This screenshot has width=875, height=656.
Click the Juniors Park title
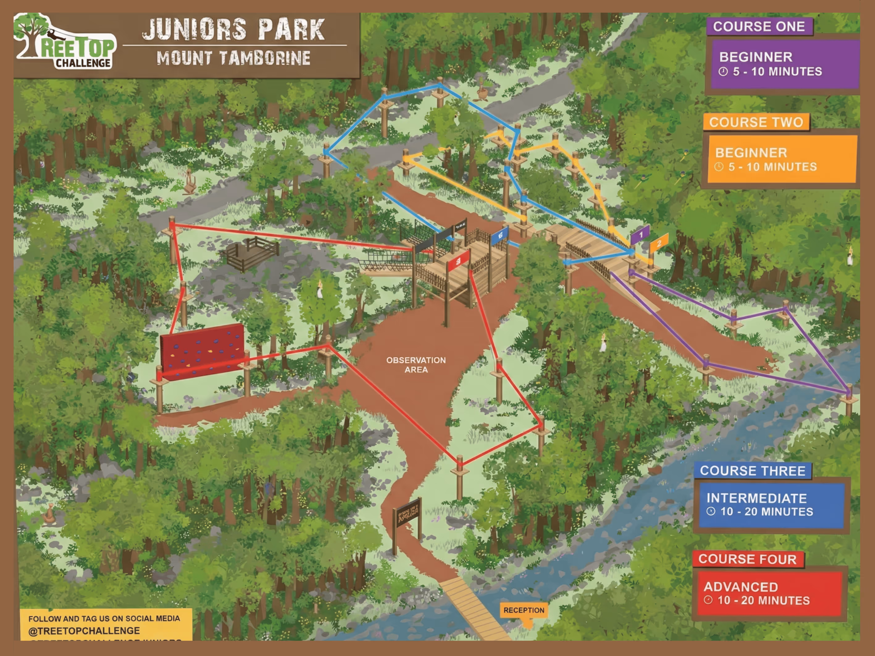(x=233, y=30)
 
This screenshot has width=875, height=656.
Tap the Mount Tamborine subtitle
(x=233, y=58)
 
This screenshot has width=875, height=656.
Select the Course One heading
(x=759, y=27)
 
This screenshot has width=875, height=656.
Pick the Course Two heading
(x=756, y=122)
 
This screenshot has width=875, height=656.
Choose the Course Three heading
(x=752, y=471)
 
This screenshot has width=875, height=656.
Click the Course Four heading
(x=747, y=559)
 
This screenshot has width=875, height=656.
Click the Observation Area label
(x=416, y=365)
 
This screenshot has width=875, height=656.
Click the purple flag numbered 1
(x=640, y=235)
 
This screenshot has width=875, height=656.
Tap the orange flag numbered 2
(x=659, y=243)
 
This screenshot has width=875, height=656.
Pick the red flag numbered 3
(x=458, y=261)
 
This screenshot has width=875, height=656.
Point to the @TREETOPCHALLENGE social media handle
(x=84, y=631)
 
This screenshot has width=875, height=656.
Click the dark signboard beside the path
(x=407, y=513)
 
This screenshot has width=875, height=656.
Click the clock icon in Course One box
(x=723, y=72)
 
